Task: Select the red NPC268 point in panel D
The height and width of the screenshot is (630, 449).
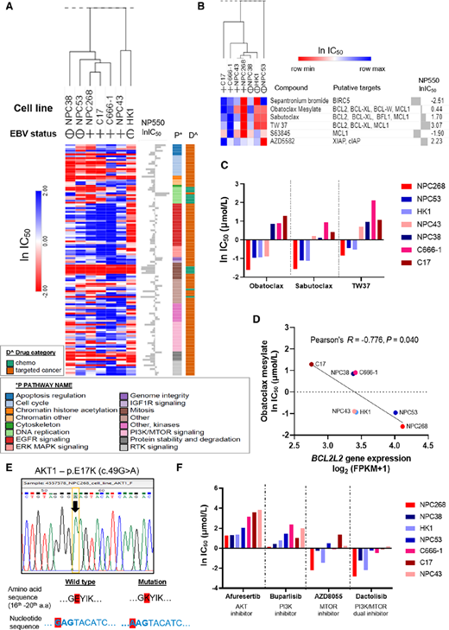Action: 401,403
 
